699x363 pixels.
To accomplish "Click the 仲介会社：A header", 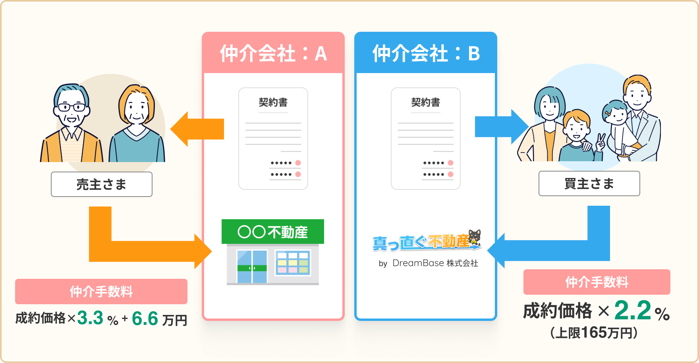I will coord(273,54).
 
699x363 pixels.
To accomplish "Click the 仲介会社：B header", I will coord(426,54).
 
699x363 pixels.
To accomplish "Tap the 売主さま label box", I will coord(102,184).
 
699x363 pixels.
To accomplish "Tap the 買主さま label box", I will coord(589,183).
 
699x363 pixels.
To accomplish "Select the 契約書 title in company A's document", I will coord(273,102).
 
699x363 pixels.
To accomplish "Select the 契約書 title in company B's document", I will coord(426,102).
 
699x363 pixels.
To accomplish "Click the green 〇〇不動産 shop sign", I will coord(273,232).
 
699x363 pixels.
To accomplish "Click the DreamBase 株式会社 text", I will coord(435,263).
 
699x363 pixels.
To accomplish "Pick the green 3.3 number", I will coord(90,318).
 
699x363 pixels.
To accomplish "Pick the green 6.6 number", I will coord(145,319).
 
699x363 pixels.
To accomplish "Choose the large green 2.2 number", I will coord(633,311).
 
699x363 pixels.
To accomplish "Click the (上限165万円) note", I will coord(594,332).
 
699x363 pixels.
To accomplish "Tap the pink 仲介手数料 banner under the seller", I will coord(101,292).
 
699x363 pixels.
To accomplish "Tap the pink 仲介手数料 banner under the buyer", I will coord(597,282).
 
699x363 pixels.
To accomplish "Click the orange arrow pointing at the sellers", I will coord(197,129).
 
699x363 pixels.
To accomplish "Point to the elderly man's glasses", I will coord(71,107).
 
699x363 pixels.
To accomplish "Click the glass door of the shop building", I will coord(252,266).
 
